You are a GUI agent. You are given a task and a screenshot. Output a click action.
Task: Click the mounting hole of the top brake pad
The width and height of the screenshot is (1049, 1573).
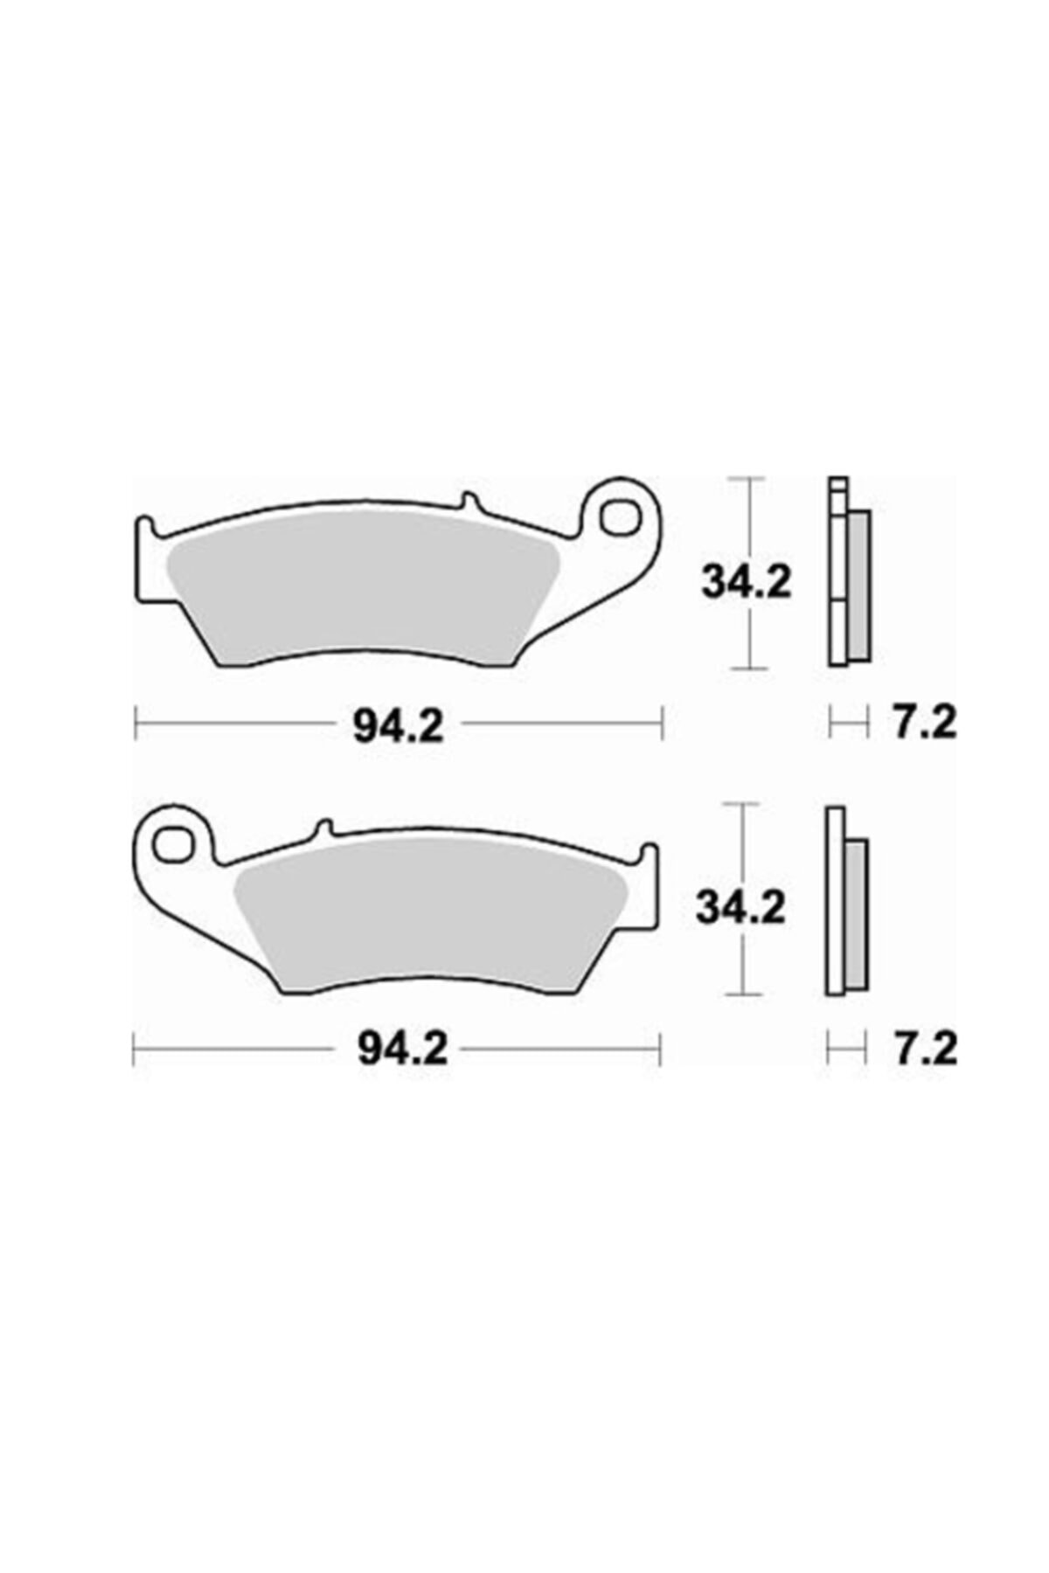tap(623, 516)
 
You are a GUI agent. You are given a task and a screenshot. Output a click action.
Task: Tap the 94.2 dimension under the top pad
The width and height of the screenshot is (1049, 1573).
tap(399, 724)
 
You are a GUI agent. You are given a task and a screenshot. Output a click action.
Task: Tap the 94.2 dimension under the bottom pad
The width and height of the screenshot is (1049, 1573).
tap(402, 1050)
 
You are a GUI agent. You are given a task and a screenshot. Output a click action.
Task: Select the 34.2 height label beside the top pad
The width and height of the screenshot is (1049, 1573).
tap(746, 582)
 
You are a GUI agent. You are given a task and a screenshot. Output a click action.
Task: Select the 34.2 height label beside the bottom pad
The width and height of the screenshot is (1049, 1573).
tap(740, 907)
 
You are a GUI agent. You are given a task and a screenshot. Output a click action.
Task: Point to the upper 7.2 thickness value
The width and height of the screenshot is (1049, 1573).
tap(925, 724)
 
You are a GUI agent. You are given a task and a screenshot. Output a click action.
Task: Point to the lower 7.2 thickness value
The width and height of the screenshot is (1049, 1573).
tap(925, 1050)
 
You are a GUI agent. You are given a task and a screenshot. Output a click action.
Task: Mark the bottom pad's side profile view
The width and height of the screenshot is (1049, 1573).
tap(845, 900)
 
